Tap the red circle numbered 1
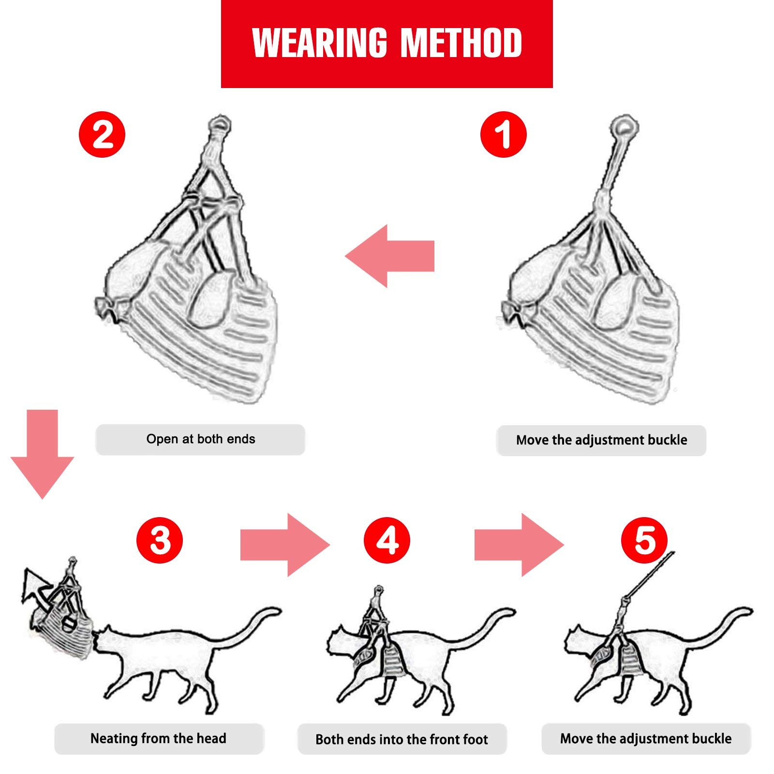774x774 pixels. point(503,134)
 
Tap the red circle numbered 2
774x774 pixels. point(102,134)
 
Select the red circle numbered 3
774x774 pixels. point(160,539)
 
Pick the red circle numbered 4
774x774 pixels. point(387,540)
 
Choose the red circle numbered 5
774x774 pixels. point(644,540)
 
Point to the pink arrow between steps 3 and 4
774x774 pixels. point(285,545)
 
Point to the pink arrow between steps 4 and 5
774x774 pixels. point(519,545)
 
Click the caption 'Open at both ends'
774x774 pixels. point(200,439)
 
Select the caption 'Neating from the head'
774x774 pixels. point(158,739)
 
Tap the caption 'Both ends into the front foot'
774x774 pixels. point(402,740)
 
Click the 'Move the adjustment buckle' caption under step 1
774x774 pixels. point(601,440)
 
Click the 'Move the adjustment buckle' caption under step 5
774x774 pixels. point(646,739)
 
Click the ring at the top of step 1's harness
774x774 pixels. point(624,127)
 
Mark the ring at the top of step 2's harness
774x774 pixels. point(220,124)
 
